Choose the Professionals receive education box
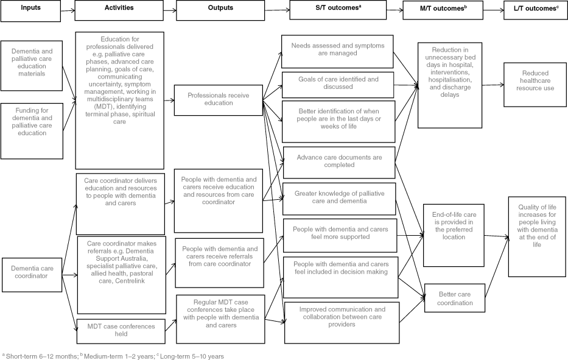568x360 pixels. click(x=218, y=99)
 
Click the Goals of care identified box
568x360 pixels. click(x=338, y=83)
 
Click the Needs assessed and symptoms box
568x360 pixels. click(x=338, y=49)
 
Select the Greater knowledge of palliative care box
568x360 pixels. click(x=338, y=197)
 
